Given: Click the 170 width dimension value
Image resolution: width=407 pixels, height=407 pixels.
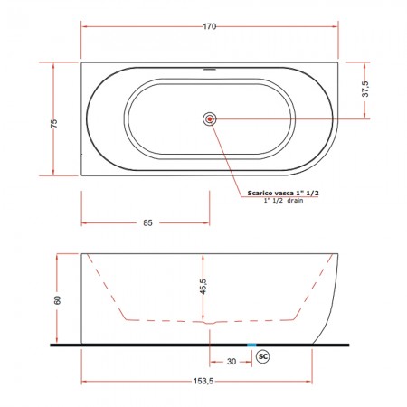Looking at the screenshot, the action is pyautogui.click(x=209, y=26).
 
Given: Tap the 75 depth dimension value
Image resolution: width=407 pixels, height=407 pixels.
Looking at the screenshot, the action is pyautogui.click(x=53, y=123).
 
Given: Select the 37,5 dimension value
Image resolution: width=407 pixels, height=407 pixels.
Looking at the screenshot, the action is pyautogui.click(x=365, y=89).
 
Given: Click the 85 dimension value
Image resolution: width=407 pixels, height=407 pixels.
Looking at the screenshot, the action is pyautogui.click(x=147, y=223).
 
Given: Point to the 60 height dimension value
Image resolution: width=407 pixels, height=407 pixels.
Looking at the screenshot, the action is pyautogui.click(x=58, y=300).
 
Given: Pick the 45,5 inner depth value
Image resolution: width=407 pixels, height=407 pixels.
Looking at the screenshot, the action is pyautogui.click(x=203, y=287).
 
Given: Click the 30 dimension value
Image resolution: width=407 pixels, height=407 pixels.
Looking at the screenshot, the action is pyautogui.click(x=232, y=362).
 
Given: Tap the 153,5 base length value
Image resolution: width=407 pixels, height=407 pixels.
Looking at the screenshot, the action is pyautogui.click(x=203, y=382).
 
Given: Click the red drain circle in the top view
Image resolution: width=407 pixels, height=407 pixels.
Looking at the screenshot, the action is pyautogui.click(x=210, y=119).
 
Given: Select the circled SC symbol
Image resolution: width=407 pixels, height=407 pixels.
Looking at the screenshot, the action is pyautogui.click(x=263, y=356).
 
